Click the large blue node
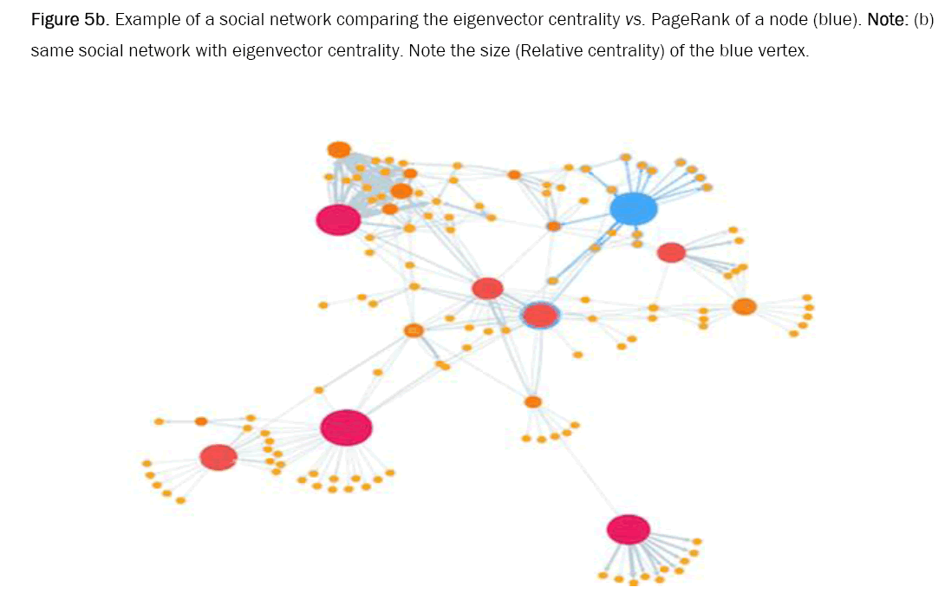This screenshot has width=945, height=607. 633,209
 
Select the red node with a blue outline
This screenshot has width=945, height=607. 539,316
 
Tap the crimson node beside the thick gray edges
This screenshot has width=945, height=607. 338,219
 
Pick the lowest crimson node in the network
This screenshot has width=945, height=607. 629,529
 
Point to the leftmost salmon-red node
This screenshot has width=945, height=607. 218,457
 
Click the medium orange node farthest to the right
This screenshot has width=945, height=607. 744,306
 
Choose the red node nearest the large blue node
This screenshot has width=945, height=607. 671,252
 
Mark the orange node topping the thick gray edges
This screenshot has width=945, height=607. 339,149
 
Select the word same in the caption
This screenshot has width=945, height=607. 49,50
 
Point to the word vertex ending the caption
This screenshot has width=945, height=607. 784,50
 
